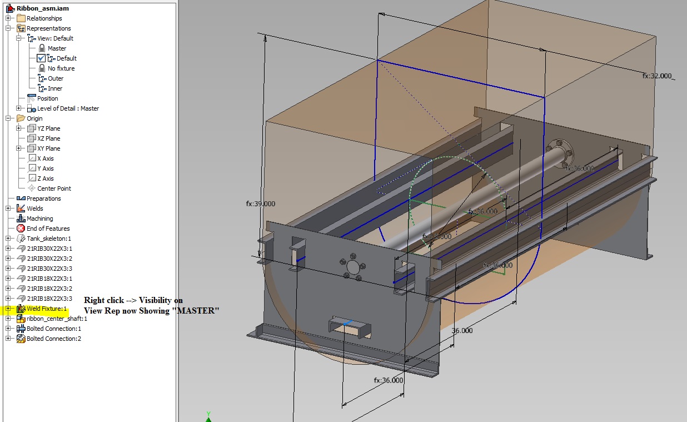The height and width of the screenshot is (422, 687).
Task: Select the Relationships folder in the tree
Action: coord(44,18)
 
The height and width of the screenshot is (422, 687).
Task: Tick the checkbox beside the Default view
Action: coord(41,58)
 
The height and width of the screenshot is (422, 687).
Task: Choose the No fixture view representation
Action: coord(61,68)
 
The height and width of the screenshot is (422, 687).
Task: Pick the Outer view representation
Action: coord(55,78)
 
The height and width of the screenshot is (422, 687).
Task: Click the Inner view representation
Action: coord(54,88)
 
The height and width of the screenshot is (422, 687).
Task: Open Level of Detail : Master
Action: coord(68,108)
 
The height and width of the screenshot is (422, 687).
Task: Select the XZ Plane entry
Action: coord(48,138)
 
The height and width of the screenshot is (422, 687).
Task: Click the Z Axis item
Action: coord(45,178)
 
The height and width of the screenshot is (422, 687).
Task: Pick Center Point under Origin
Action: coord(54,188)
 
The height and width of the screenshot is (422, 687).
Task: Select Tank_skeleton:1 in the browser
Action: coord(49,239)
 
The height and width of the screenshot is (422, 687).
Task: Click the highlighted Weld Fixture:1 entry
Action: coord(46,309)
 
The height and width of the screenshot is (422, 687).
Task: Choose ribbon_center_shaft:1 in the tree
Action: coord(57,319)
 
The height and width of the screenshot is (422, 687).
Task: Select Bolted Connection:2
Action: coord(53,339)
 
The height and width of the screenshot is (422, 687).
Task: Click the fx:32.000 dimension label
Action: coord(657,76)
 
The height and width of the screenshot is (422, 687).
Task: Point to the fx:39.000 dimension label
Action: coord(260,203)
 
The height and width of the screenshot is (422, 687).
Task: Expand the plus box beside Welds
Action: coord(8,208)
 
